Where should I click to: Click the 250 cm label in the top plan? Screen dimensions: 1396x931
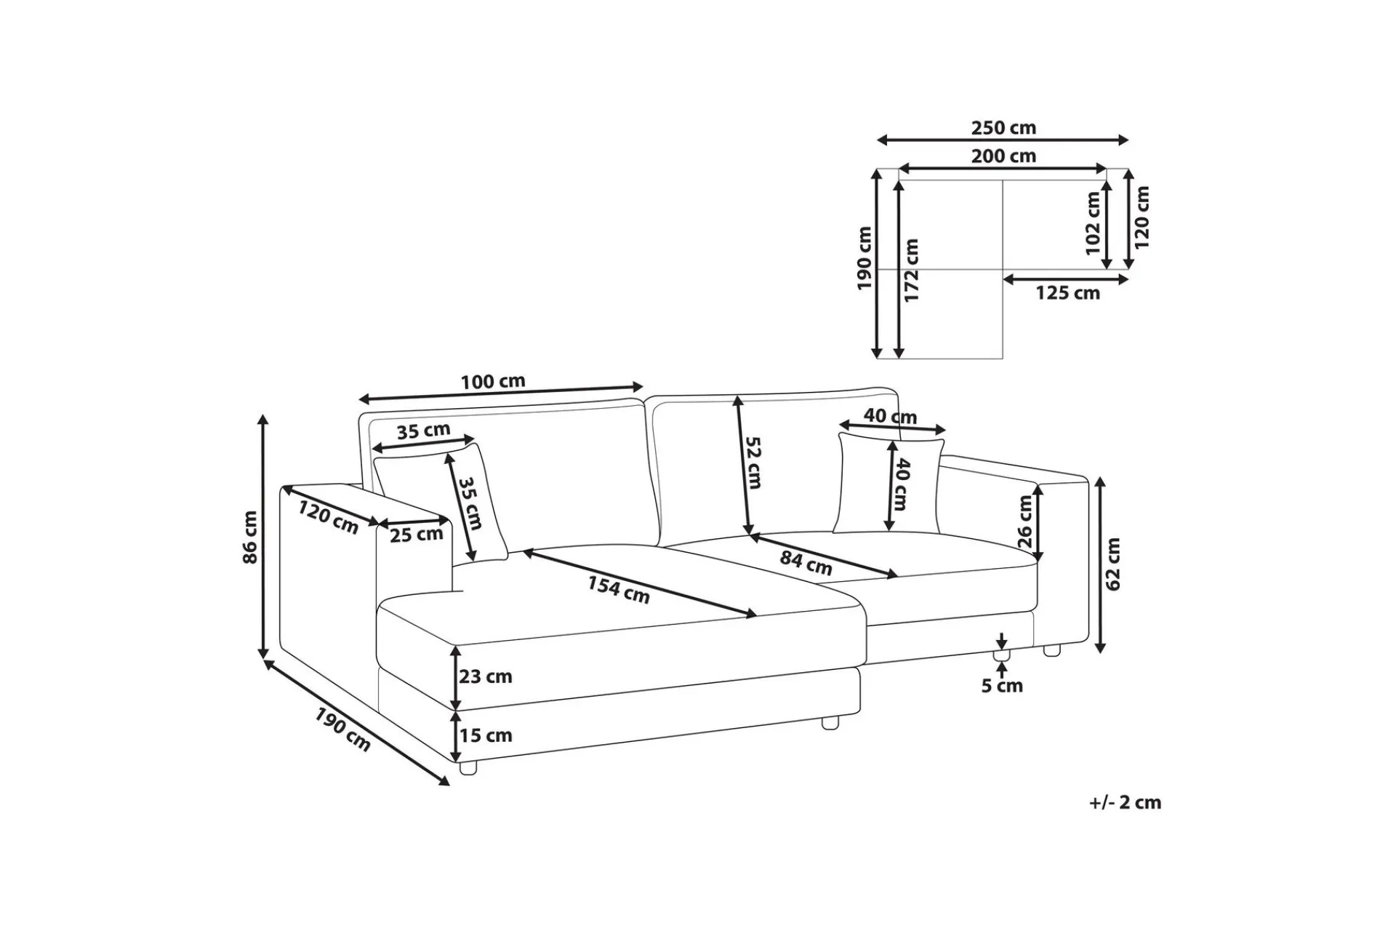point(1003,128)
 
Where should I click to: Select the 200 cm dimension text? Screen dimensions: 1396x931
point(1003,156)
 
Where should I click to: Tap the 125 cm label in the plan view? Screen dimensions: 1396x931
point(1067,293)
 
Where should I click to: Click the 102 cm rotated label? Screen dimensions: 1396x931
point(1093,223)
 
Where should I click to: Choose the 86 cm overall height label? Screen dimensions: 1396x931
point(250,537)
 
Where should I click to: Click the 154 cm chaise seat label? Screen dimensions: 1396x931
point(618,589)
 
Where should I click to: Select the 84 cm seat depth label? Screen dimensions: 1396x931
point(806,562)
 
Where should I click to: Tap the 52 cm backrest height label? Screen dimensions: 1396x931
point(754,463)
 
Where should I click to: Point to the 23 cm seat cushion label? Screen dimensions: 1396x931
point(486,676)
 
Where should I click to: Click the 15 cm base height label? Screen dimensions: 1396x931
point(486,735)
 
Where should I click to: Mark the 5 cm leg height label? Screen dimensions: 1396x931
point(1002,686)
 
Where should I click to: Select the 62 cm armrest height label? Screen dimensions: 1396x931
point(1113,564)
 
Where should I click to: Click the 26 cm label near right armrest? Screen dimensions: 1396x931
point(1025,522)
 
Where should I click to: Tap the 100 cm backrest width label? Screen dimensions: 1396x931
point(493,381)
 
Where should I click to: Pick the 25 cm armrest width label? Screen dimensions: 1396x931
point(417,535)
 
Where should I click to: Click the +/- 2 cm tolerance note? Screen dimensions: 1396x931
point(1126,803)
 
